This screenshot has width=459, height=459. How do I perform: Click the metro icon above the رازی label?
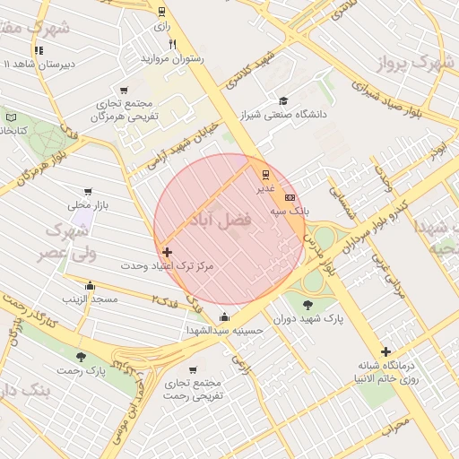coord(160,12)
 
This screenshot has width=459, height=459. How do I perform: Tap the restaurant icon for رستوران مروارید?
coord(172,44)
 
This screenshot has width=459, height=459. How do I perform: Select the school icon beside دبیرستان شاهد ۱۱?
coord(39,51)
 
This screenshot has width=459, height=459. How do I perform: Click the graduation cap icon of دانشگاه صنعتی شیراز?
coord(283,101)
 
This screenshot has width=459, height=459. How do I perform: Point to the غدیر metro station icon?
coord(265,174)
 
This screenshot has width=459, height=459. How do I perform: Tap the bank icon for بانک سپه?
coord(290,196)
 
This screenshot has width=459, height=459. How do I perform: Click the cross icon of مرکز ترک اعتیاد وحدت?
coord(167,254)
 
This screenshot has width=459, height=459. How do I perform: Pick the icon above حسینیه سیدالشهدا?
coord(223,317)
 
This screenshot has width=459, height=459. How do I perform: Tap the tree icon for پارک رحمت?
coord(82,356)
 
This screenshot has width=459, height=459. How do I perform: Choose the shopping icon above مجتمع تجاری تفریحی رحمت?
coord(193,369)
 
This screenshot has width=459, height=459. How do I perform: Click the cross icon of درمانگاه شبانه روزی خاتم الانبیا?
coord(386,351)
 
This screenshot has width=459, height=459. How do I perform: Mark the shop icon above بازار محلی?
coord(88,192)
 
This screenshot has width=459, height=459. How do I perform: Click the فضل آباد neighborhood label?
coord(216,221)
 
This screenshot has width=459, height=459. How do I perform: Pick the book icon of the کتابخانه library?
coord(12,117)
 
